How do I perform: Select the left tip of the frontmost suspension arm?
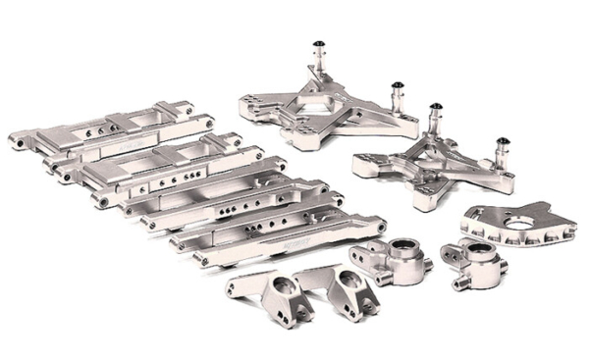pos(199,261)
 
